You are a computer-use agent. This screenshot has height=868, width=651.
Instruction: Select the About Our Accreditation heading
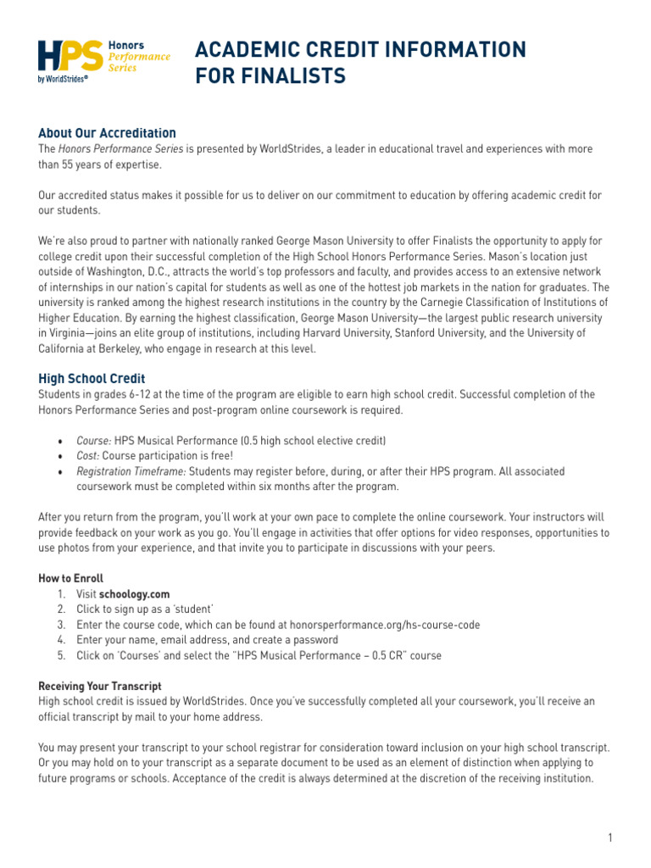[x=107, y=133]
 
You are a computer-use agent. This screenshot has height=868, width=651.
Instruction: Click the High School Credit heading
[x=92, y=379]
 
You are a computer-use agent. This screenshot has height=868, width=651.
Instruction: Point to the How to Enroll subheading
[x=70, y=578]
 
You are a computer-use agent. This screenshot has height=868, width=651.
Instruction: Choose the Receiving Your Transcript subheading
[x=100, y=686]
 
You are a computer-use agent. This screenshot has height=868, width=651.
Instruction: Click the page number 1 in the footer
[x=609, y=838]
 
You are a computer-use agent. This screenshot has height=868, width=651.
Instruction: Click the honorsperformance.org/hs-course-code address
[x=385, y=625]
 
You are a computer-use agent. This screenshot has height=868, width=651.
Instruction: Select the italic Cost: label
[x=87, y=456]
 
